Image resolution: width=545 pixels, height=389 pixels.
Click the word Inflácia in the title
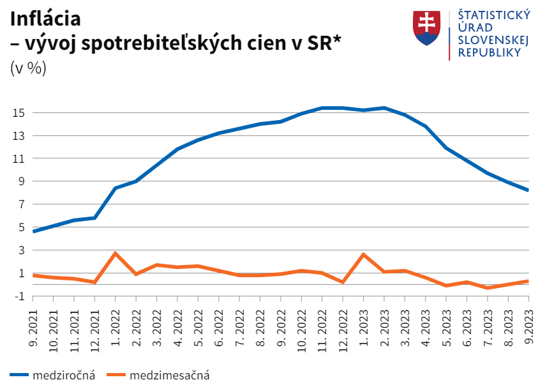(x=45, y=19)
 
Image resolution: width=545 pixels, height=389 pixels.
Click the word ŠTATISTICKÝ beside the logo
(x=490, y=16)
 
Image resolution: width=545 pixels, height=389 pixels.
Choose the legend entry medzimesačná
(x=169, y=376)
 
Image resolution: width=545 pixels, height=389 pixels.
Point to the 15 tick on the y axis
(x=18, y=113)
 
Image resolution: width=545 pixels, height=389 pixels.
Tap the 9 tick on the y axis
(x=20, y=181)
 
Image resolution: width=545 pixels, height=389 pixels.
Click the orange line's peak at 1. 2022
(x=116, y=254)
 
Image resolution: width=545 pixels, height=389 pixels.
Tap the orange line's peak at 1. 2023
(x=363, y=254)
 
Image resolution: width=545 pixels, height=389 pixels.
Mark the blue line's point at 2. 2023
(x=384, y=108)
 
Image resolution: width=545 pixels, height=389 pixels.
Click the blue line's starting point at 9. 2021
(x=33, y=231)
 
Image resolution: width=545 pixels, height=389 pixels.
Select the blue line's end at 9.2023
(x=528, y=190)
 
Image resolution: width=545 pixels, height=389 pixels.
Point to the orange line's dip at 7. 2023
(x=488, y=288)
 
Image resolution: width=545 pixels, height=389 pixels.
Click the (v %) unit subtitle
(x=28, y=68)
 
